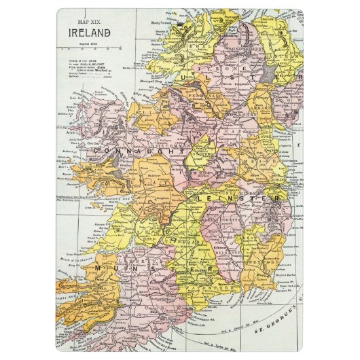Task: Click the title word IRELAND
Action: pos(88,32)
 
